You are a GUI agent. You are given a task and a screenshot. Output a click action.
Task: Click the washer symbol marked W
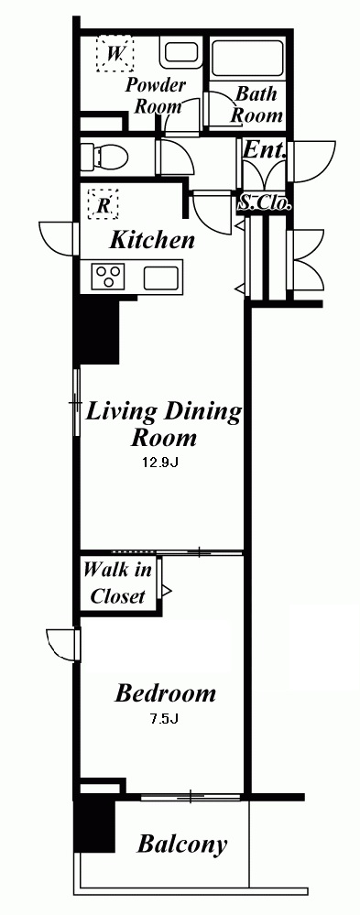click(x=115, y=54)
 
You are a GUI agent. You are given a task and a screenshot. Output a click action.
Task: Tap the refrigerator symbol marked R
click(x=103, y=204)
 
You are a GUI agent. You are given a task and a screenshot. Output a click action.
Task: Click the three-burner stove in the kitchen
click(x=109, y=276)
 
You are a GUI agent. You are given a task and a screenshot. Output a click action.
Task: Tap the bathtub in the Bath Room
click(x=246, y=59)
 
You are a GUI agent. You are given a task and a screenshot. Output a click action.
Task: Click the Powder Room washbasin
click(x=180, y=52)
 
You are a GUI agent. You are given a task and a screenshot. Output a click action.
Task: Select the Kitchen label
click(x=152, y=240)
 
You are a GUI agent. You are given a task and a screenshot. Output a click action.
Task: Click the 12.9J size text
click(x=160, y=464)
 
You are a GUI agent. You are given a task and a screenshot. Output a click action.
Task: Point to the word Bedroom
click(x=165, y=693)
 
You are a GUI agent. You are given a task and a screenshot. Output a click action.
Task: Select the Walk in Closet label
click(x=118, y=583)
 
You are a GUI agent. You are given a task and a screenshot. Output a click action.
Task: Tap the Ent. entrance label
click(x=265, y=150)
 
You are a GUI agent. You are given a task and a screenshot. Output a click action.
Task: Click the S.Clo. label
click(x=265, y=203)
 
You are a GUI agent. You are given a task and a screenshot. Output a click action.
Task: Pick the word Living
click(x=121, y=412)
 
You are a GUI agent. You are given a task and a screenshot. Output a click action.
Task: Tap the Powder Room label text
click(x=155, y=95)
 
